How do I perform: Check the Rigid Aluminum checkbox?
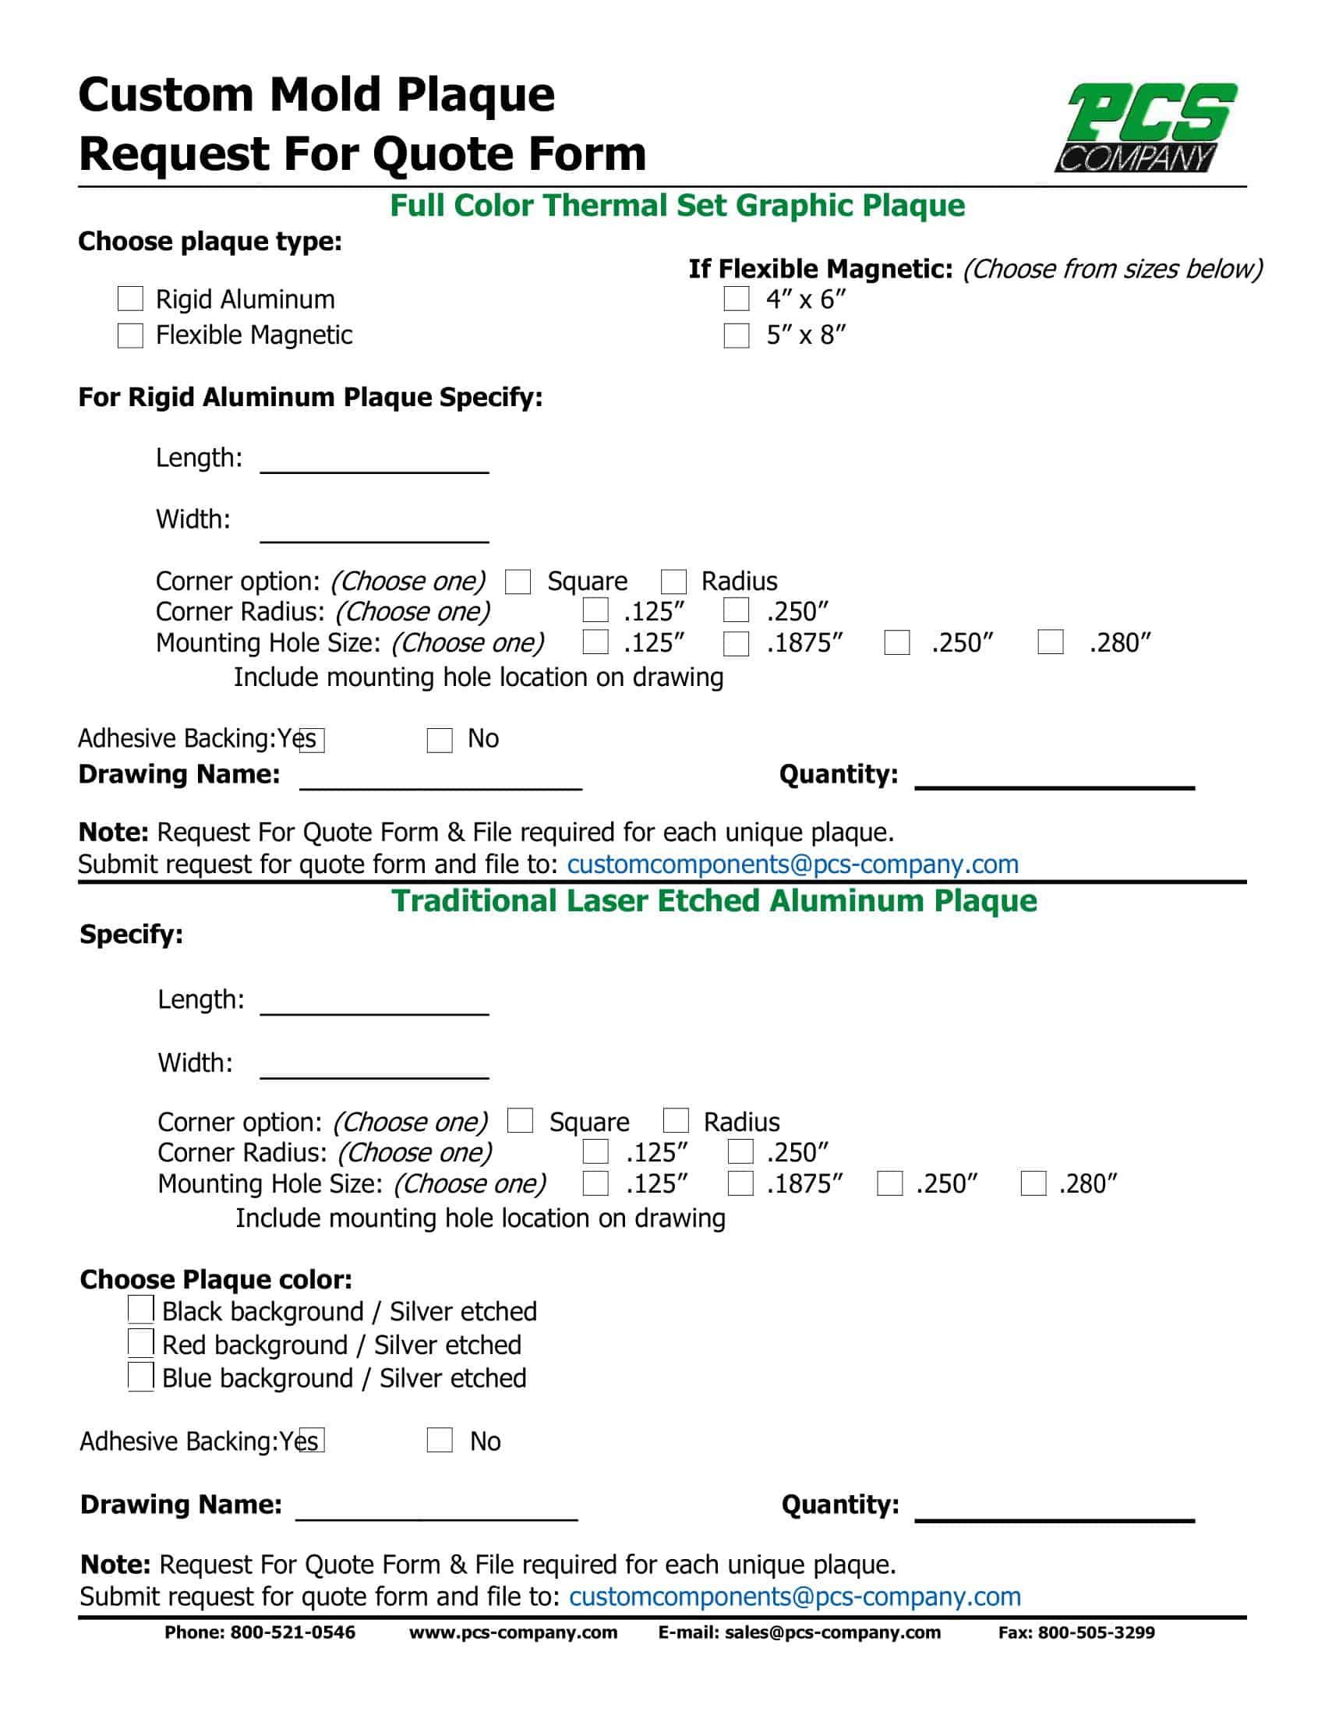(x=130, y=299)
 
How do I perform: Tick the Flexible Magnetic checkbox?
(x=130, y=335)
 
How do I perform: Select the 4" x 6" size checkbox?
(x=737, y=299)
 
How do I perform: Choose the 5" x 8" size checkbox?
(x=737, y=335)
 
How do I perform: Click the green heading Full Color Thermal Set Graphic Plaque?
(x=677, y=206)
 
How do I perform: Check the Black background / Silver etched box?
(x=140, y=1309)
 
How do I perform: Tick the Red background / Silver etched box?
(x=140, y=1342)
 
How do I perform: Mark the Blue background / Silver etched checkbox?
(x=140, y=1376)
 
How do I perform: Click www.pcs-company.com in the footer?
(x=514, y=1632)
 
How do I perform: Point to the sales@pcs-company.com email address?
(x=832, y=1632)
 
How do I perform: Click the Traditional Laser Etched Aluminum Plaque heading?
(x=713, y=900)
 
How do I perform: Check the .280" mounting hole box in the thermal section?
(x=1051, y=642)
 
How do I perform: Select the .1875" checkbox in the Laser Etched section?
(x=740, y=1183)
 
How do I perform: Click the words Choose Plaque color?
(x=216, y=1279)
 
